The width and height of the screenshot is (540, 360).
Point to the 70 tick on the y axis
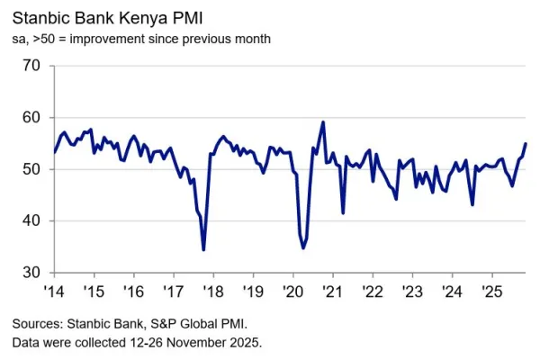click(31, 66)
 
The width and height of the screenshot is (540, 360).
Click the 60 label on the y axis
click(31, 117)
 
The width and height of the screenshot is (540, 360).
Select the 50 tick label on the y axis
click(31, 169)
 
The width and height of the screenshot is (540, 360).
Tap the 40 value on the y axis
click(31, 220)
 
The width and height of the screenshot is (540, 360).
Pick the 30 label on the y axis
click(31, 272)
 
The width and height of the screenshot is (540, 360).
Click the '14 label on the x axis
click(54, 292)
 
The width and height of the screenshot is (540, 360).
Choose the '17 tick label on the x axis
click(174, 292)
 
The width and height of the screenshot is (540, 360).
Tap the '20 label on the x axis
click(293, 292)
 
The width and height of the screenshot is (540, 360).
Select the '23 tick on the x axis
click(413, 292)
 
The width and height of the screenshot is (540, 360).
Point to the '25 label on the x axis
click(492, 292)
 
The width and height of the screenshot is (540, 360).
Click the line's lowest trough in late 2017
click(203, 249)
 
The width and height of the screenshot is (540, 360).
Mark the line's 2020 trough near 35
click(304, 247)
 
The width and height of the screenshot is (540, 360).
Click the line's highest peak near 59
click(323, 122)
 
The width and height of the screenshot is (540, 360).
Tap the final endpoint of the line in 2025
click(526, 144)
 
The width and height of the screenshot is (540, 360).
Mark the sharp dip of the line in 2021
click(343, 212)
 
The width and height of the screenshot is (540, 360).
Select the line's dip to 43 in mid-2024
click(472, 204)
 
